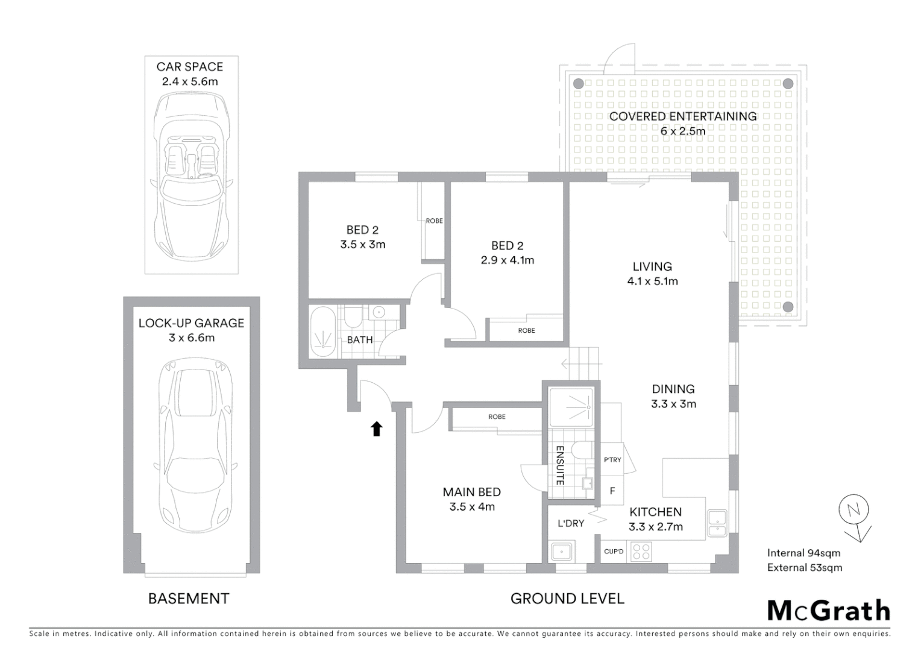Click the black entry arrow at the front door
coord(376,429)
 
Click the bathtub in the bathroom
coord(324,333)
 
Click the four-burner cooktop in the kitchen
coord(641,552)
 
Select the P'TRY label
coord(612,460)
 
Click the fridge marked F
coord(612,491)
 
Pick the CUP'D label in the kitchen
coord(614,552)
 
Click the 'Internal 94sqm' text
coord(803,553)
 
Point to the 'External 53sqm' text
coord(805,567)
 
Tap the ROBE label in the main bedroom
coord(497,417)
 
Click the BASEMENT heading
coord(189,599)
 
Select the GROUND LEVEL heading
coord(567,599)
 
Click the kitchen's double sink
coord(717,524)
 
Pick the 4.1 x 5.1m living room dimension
coord(652,281)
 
